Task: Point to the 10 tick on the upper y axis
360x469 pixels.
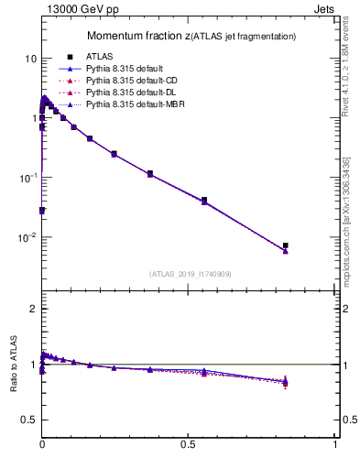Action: (x=30, y=59)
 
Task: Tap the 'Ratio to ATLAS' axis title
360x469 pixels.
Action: (x=13, y=365)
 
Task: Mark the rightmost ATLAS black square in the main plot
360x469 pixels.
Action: (x=285, y=245)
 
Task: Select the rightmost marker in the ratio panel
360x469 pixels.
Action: (x=285, y=382)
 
